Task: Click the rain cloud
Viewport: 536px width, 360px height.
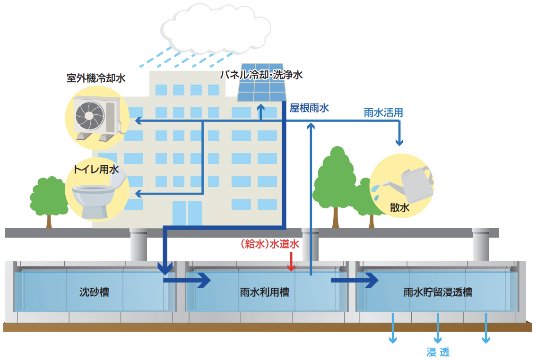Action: pos(216,29)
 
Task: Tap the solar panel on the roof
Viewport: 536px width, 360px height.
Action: pos(262,83)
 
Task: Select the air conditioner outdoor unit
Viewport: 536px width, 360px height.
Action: pos(98,118)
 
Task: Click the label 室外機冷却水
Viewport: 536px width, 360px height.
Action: pos(96,78)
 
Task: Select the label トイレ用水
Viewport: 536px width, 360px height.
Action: pos(96,169)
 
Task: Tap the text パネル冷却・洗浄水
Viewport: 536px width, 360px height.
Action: pos(261,75)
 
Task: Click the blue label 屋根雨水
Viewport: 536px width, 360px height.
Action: pos(309,108)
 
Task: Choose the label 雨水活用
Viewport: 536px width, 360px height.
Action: pos(383,112)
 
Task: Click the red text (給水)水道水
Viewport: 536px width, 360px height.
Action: pos(270,244)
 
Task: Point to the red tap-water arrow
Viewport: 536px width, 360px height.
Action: pos(291,262)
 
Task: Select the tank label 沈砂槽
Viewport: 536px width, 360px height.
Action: pos(95,292)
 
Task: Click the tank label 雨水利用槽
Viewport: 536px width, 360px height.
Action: pos(265,292)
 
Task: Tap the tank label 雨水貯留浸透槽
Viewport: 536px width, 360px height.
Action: pos(438,292)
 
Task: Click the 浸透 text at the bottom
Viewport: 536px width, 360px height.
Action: pos(438,352)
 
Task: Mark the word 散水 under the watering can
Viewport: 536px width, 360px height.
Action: pos(399,207)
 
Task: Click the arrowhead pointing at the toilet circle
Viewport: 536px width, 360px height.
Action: pos(138,194)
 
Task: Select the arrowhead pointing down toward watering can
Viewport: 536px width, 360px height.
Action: pos(399,142)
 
